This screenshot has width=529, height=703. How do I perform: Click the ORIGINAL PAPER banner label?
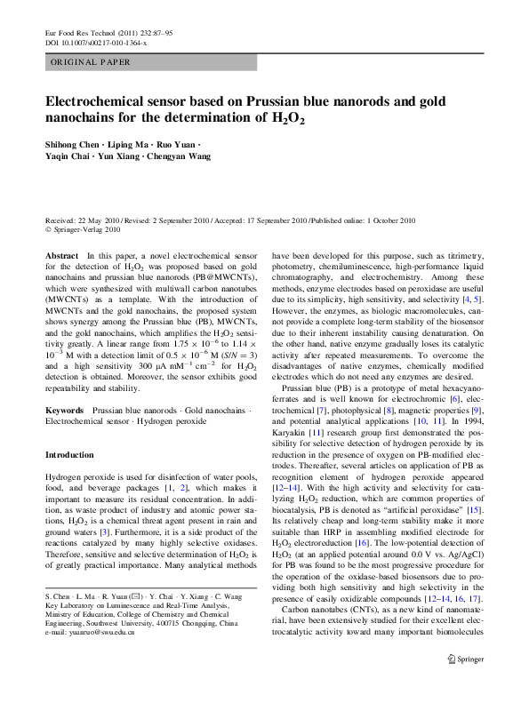point(90,62)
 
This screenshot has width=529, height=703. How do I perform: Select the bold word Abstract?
point(62,255)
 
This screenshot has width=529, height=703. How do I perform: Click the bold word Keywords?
point(65,411)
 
